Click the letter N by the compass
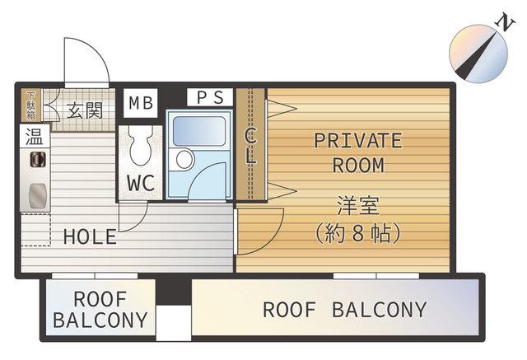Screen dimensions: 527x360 [505, 23]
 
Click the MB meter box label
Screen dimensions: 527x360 [141, 103]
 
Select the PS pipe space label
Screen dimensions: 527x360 [210, 97]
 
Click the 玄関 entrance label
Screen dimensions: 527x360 [85, 110]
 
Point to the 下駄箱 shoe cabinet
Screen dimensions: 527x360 [31, 105]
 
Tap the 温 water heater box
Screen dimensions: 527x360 [35, 136]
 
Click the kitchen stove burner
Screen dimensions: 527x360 [38, 159]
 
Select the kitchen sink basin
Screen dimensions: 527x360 [37, 195]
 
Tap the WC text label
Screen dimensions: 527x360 [141, 183]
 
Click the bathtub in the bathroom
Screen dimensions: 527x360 [199, 131]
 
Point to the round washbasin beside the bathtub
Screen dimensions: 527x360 [184, 159]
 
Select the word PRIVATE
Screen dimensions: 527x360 [358, 141]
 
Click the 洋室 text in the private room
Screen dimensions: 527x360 [358, 205]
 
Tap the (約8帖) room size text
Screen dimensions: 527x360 [358, 233]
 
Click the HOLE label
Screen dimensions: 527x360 [90, 236]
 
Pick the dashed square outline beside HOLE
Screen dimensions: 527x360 [35, 229]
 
